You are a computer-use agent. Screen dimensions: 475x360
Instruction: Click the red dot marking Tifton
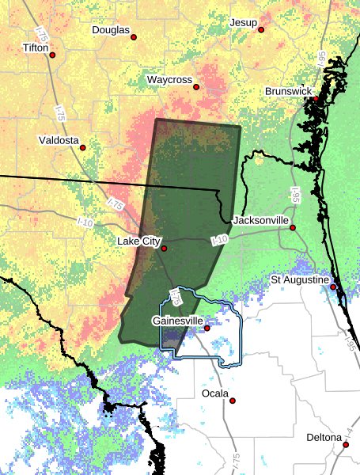point(54,55)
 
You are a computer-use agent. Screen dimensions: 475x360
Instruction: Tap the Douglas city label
point(110,30)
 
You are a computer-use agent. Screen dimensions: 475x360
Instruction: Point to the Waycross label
point(169,80)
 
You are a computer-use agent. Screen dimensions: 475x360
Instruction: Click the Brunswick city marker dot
point(315,100)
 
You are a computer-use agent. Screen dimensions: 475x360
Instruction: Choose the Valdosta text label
point(59,140)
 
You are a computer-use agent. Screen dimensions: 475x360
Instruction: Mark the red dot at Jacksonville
point(292,227)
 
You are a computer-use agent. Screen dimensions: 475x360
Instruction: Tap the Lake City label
point(138,241)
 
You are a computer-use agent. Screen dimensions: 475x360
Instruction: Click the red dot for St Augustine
point(333,287)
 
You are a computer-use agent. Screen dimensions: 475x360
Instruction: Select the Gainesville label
point(177,321)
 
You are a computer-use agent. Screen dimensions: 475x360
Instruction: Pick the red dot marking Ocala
point(233,401)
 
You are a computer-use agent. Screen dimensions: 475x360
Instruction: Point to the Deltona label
point(324,437)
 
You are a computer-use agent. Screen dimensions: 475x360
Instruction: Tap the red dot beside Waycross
point(196,87)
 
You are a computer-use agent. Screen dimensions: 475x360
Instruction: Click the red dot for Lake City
point(164,249)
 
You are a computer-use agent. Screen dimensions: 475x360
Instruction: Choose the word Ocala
point(214,393)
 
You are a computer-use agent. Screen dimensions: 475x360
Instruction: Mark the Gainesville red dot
point(207,328)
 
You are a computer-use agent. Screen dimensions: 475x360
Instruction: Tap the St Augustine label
point(299,280)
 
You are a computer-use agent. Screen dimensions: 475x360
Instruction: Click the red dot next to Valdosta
point(81,147)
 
